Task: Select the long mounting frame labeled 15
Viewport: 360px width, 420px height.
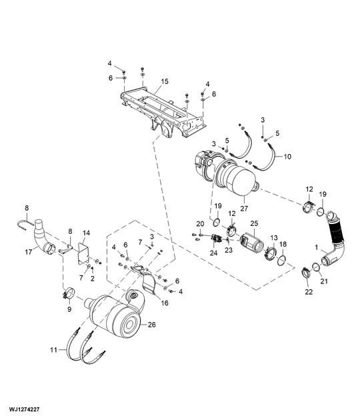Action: [x=160, y=110]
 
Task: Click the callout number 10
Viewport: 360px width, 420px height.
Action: [x=288, y=157]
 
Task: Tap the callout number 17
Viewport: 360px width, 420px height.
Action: [x=29, y=252]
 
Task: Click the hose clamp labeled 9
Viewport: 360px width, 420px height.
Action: [x=67, y=293]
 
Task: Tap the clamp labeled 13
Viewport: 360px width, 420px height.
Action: [x=271, y=254]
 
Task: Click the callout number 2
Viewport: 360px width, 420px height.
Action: [x=92, y=277]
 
